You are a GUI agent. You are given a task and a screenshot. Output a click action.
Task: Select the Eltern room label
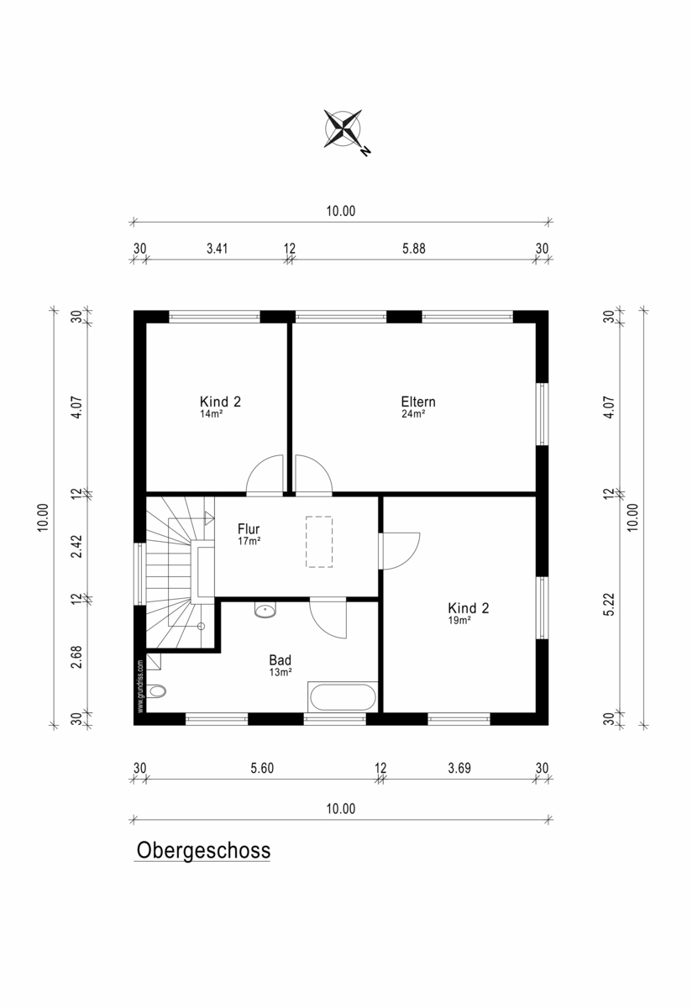click(418, 402)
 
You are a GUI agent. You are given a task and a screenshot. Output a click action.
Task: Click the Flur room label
click(249, 528)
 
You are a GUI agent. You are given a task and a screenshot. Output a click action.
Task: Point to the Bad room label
click(280, 660)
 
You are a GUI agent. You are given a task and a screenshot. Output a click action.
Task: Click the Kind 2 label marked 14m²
click(220, 402)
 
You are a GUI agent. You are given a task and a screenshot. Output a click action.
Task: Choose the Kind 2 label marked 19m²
click(468, 608)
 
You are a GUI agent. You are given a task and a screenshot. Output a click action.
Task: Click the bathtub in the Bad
click(343, 696)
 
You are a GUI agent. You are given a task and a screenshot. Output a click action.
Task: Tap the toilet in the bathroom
click(155, 690)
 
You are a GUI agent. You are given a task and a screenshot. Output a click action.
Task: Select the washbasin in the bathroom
click(265, 610)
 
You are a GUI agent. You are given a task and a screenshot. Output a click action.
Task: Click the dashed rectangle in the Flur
click(319, 542)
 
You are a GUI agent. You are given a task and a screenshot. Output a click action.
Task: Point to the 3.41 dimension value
click(217, 249)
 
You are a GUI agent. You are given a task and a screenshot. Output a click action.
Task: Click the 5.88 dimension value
click(413, 249)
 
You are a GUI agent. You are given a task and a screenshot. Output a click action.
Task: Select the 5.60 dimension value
click(262, 768)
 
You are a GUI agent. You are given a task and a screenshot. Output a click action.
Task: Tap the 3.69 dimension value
click(459, 768)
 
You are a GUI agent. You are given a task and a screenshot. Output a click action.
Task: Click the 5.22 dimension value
click(609, 604)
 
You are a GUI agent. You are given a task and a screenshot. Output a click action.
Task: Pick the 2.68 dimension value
click(77, 657)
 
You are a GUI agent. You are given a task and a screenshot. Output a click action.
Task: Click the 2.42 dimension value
click(77, 546)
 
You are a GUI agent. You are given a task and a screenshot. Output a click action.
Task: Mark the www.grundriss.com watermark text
click(140, 686)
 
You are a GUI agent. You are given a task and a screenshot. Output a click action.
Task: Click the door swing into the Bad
click(328, 618)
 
